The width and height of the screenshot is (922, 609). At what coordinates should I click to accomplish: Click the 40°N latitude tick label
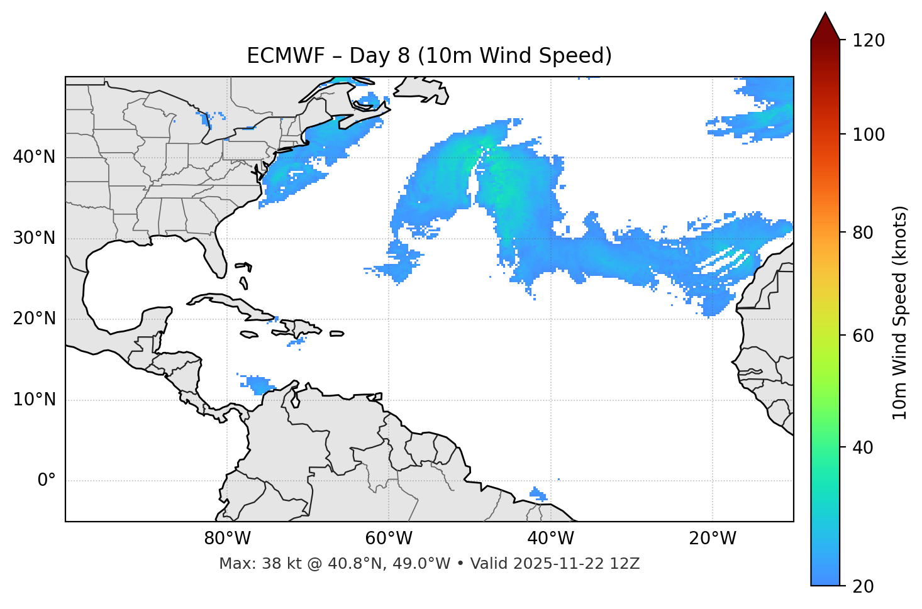click(x=34, y=157)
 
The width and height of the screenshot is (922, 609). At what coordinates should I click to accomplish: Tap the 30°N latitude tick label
click(x=34, y=238)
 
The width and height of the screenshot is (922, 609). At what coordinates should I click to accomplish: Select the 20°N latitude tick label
click(x=34, y=319)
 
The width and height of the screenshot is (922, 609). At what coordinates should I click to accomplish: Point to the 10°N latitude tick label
click(x=34, y=400)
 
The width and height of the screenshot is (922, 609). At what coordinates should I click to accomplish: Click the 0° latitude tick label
click(x=47, y=481)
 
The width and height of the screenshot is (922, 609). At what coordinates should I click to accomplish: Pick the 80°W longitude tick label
click(x=227, y=539)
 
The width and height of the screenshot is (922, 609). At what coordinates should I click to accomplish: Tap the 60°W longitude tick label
click(x=389, y=539)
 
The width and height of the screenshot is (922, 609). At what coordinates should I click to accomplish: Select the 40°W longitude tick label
click(x=550, y=539)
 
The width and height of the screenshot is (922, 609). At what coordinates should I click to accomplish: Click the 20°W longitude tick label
click(x=713, y=539)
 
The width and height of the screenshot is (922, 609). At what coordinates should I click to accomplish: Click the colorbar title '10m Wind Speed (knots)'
click(x=900, y=312)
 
